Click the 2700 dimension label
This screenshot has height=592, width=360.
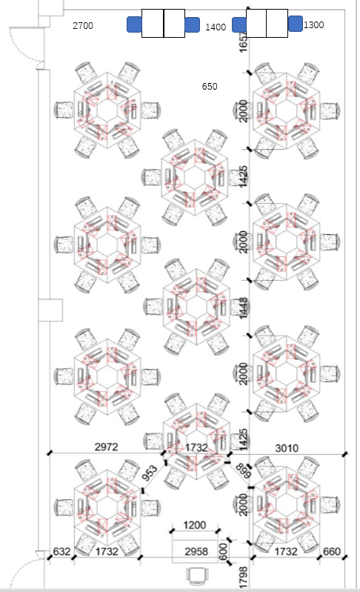point(83,26)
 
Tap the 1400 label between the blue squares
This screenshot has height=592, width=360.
point(216,27)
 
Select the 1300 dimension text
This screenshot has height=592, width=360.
point(313,25)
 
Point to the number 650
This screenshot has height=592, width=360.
point(210,87)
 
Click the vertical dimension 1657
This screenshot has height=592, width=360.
point(244,42)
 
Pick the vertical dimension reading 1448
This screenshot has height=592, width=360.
point(244,308)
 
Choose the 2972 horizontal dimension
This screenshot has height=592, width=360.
point(106,447)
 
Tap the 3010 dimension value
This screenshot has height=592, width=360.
point(287,448)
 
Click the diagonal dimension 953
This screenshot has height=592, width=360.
point(150,473)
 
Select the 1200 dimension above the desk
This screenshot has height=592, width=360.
point(195,525)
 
